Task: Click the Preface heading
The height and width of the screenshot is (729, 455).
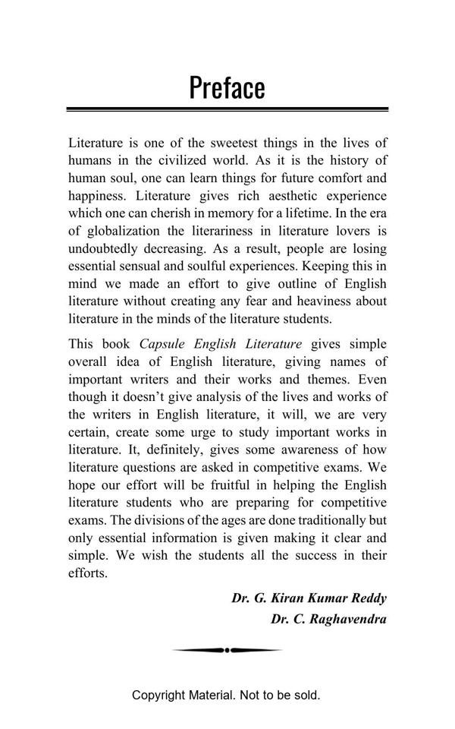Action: (x=227, y=88)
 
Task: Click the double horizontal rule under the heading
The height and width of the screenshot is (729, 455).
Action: (x=227, y=110)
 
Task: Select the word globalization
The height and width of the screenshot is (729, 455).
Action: (x=121, y=231)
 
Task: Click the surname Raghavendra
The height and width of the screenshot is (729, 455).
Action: (x=348, y=619)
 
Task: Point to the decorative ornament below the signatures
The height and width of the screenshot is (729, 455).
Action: (x=227, y=650)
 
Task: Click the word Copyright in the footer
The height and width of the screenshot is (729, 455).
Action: (x=158, y=695)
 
